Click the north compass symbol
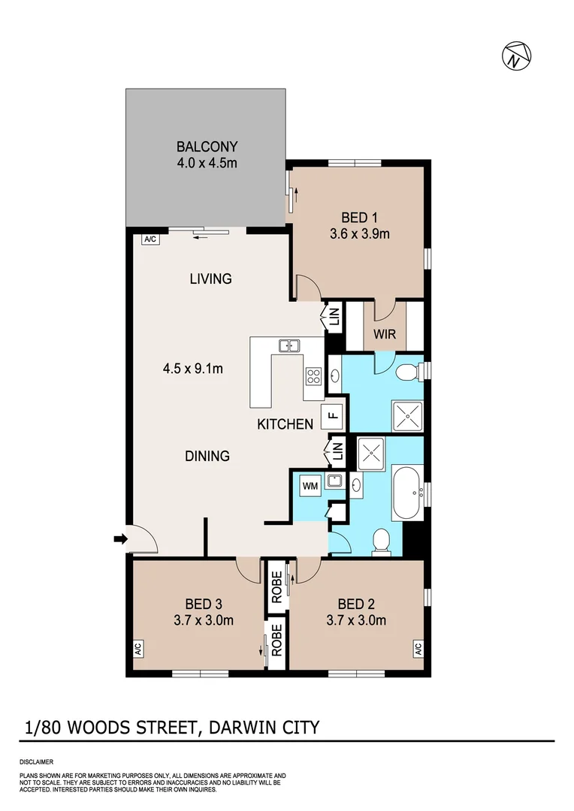(x=515, y=56)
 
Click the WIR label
(x=385, y=334)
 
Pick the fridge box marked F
(x=333, y=415)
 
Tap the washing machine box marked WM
(x=310, y=486)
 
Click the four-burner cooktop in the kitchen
(x=314, y=378)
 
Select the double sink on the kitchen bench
(x=288, y=345)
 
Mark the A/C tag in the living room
(x=149, y=240)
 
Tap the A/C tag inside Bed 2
(x=417, y=647)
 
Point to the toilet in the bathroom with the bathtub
(x=382, y=541)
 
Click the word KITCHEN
(x=285, y=424)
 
